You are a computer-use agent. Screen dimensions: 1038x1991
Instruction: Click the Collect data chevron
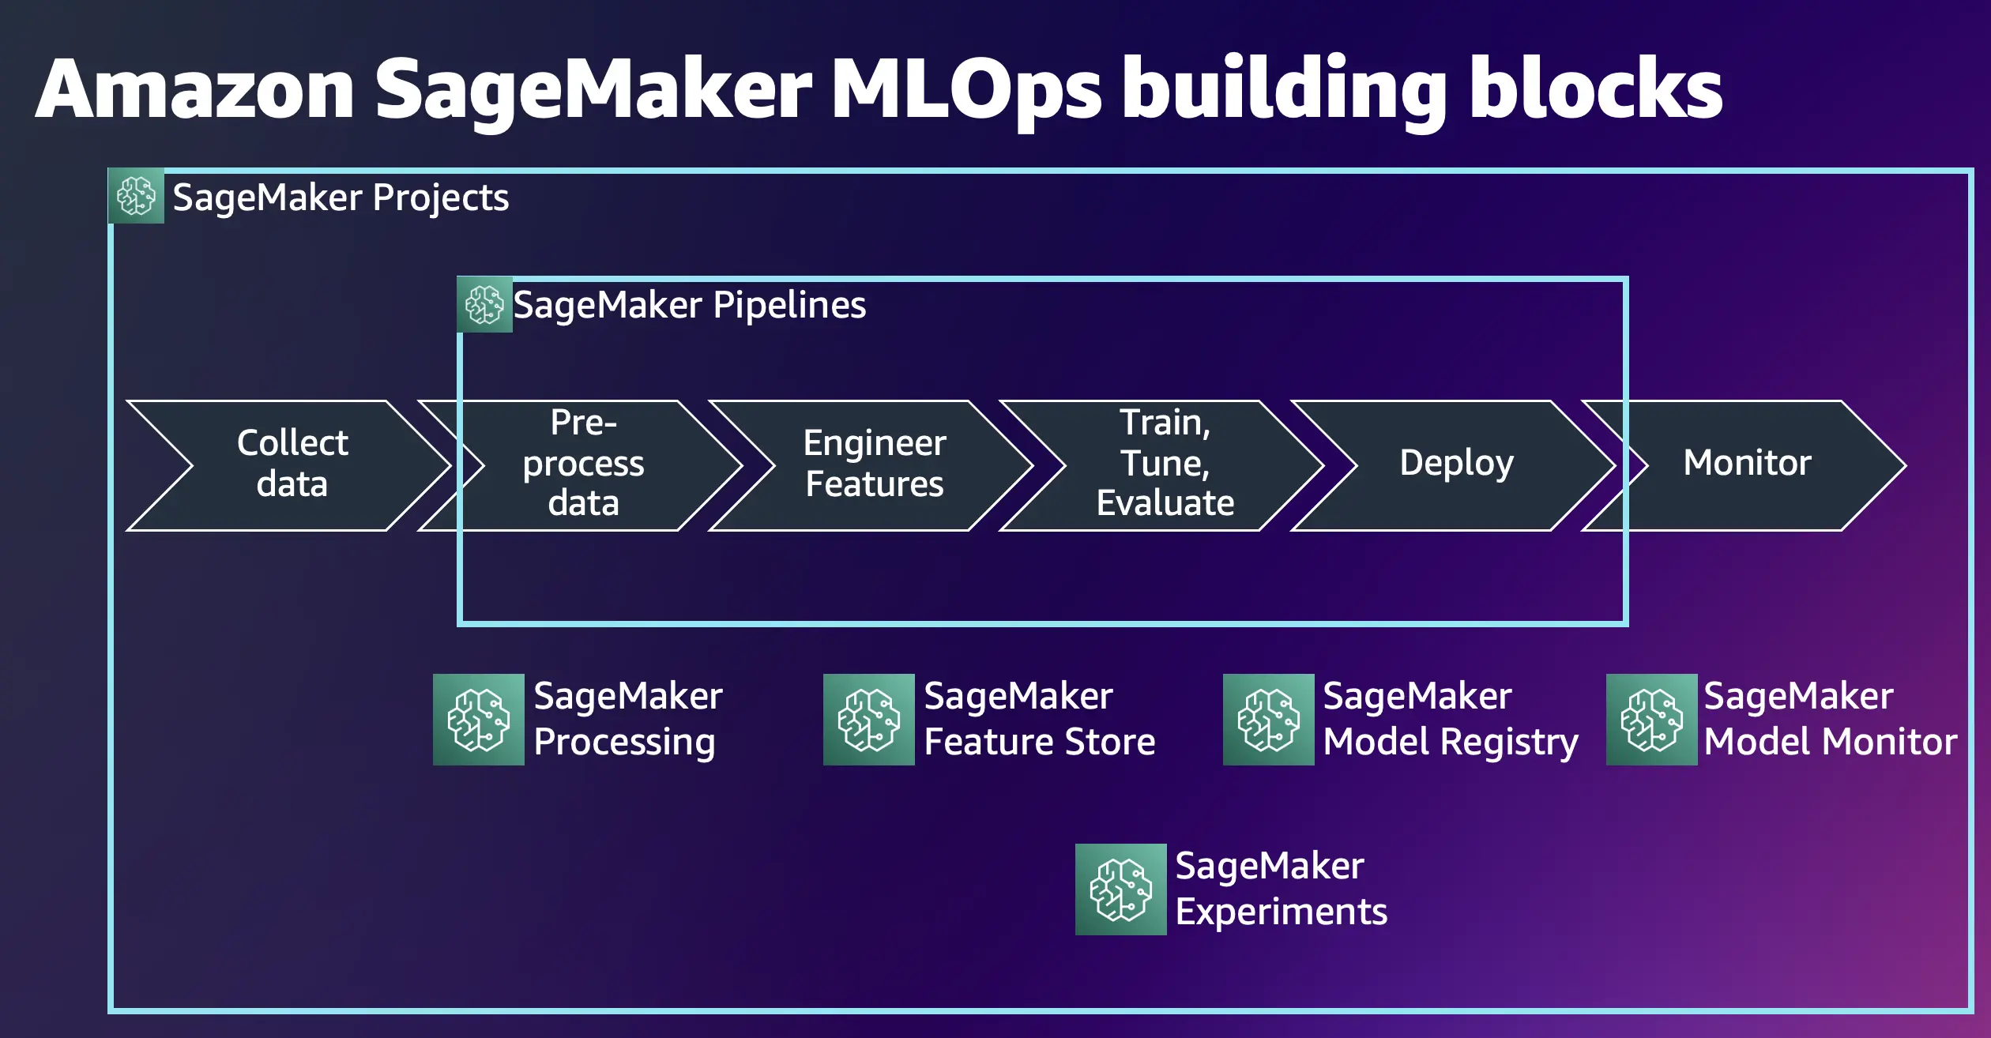click(292, 464)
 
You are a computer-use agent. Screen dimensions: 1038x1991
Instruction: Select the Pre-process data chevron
click(583, 464)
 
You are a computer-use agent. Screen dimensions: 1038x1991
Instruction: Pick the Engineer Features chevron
click(874, 464)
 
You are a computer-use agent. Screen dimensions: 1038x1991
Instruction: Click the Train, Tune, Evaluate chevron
click(1165, 464)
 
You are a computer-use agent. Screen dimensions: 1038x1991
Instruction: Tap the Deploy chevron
click(1456, 464)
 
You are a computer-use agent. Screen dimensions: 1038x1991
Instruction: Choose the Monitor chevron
click(1747, 464)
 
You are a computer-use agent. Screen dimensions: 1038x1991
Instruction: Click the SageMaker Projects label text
click(341, 197)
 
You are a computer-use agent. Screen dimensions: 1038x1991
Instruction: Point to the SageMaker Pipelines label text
click(689, 306)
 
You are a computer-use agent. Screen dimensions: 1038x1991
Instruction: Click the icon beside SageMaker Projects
click(136, 196)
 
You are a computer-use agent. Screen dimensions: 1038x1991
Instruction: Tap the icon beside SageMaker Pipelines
click(484, 305)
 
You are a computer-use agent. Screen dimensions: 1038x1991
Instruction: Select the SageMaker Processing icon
click(478, 720)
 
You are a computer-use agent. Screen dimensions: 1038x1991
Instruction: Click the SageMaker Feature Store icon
click(868, 720)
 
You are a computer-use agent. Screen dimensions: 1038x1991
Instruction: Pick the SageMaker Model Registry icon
click(1268, 720)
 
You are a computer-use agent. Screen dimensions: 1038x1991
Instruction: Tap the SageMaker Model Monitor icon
click(1651, 720)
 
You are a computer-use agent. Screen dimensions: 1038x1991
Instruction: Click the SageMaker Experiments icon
click(1120, 889)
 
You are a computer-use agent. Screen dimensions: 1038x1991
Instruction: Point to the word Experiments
click(1281, 912)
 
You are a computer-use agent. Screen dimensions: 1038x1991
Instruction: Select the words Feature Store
click(1039, 743)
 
